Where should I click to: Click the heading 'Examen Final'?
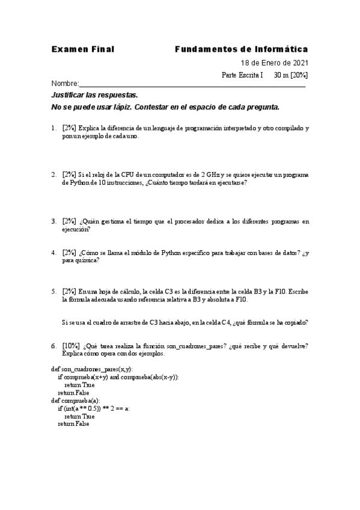[x=82, y=49]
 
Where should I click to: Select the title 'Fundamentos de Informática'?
[x=241, y=49]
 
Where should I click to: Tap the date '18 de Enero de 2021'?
[x=275, y=63]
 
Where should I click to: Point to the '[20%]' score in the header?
[x=299, y=75]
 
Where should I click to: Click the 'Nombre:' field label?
[x=65, y=84]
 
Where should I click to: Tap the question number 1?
[x=53, y=128]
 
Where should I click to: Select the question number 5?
[x=53, y=291]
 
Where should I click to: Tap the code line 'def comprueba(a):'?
[x=76, y=400]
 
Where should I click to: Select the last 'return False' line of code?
[x=73, y=423]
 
